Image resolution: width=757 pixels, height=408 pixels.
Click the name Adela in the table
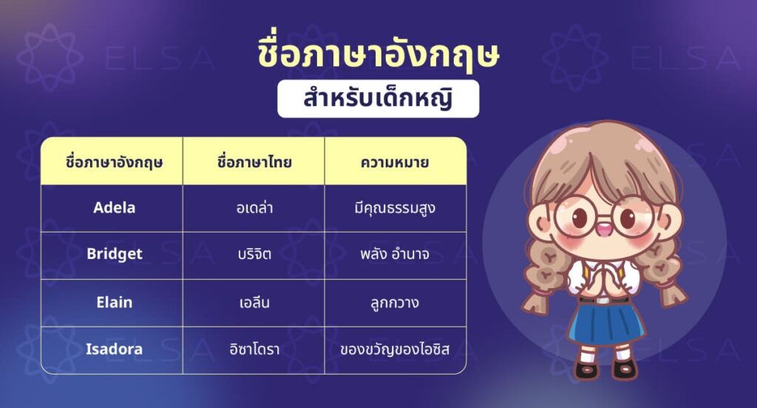pos(114,207)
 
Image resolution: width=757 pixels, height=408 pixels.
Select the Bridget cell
pos(114,254)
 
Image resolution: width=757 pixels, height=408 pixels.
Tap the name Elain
pos(114,301)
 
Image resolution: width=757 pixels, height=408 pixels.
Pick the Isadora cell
pos(114,349)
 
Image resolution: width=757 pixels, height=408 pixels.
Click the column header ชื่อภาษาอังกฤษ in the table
pos(114,161)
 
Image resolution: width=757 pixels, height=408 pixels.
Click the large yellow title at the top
pos(378,58)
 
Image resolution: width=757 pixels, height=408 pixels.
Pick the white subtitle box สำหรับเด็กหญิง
pos(378,100)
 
